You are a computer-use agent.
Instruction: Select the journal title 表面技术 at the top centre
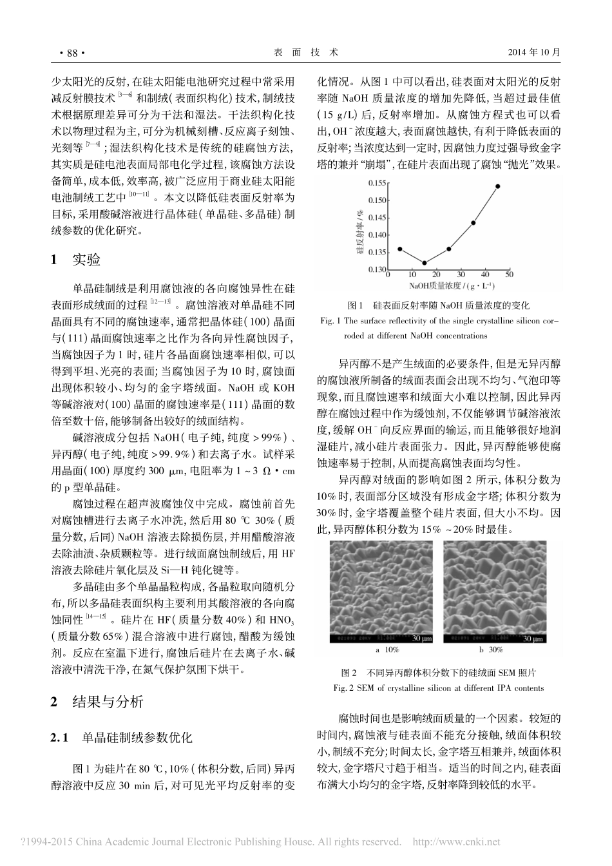coord(305,52)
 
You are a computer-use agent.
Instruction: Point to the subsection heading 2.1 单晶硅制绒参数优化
coord(122,736)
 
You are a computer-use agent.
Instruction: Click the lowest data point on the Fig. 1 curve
coord(425,262)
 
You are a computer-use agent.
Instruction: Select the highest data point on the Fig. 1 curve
coord(498,186)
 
